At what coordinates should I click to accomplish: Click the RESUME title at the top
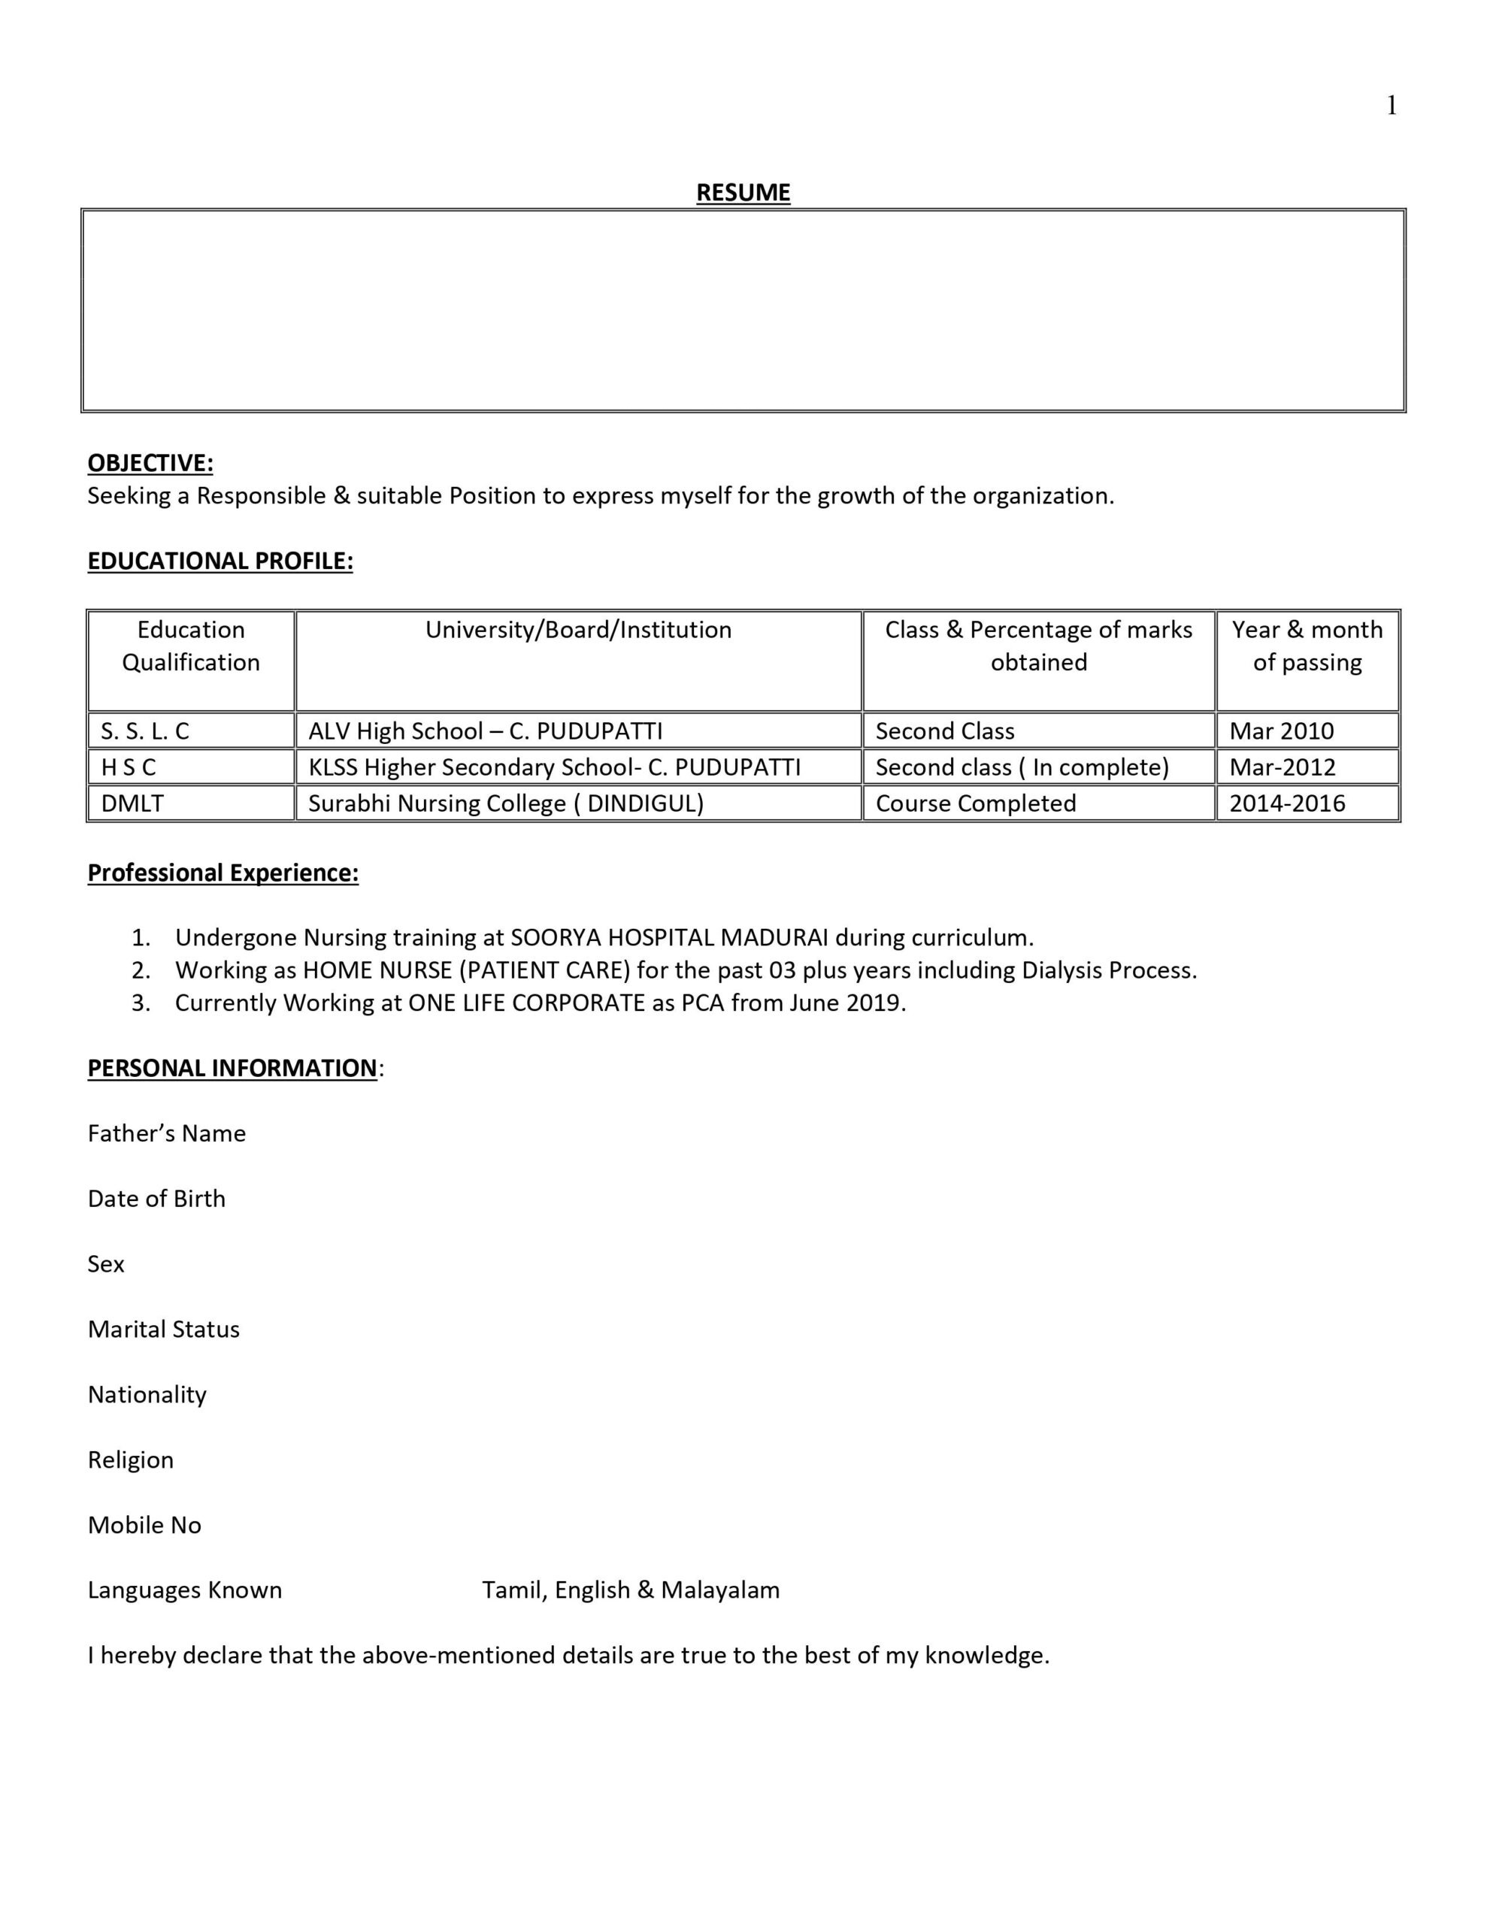pyautogui.click(x=743, y=192)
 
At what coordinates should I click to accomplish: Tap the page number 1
pyautogui.click(x=1391, y=107)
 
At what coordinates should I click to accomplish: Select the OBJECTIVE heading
pyautogui.click(x=150, y=464)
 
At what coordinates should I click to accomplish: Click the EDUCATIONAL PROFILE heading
pyautogui.click(x=220, y=561)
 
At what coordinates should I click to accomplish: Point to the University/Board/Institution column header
pyautogui.click(x=578, y=630)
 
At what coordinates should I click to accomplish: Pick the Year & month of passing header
pyautogui.click(x=1307, y=646)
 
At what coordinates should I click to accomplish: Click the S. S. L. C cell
pyautogui.click(x=145, y=731)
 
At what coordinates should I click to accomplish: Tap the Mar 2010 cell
pyautogui.click(x=1282, y=731)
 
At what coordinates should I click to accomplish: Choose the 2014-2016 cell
pyautogui.click(x=1287, y=803)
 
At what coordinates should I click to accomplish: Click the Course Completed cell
pyautogui.click(x=976, y=803)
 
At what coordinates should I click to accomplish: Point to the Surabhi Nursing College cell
pyautogui.click(x=506, y=803)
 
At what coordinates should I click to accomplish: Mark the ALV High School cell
pyautogui.click(x=486, y=731)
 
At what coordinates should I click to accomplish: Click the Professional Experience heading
pyautogui.click(x=223, y=873)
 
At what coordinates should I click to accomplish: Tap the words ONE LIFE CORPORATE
pyautogui.click(x=526, y=1003)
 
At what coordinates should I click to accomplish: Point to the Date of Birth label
pyautogui.click(x=157, y=1199)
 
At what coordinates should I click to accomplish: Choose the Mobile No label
pyautogui.click(x=144, y=1525)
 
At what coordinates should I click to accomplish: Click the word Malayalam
pyautogui.click(x=720, y=1590)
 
